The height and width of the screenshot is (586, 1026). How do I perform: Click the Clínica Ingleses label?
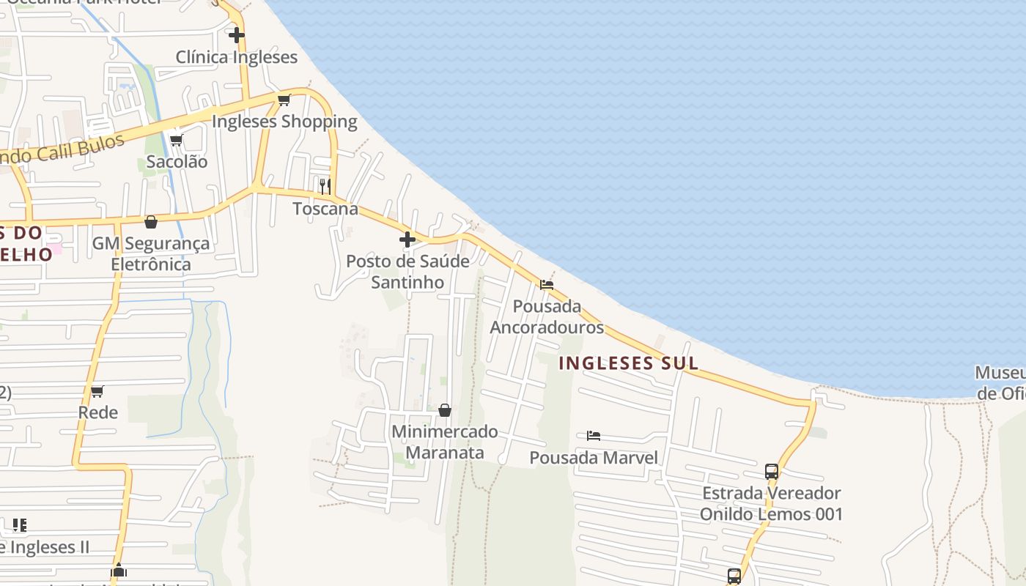point(237,57)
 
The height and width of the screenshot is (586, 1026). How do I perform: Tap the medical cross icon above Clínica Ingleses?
point(236,34)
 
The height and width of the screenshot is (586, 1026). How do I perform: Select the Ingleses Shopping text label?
point(284,122)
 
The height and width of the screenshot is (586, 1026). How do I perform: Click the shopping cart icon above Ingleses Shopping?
point(284,100)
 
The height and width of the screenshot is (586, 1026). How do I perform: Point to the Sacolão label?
point(177,162)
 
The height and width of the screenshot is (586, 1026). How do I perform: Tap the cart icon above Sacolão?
point(176,140)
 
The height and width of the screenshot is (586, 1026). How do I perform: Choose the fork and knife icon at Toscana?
point(325,186)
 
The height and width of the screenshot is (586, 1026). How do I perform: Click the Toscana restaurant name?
point(325,209)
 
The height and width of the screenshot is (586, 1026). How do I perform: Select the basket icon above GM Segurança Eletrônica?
point(151,221)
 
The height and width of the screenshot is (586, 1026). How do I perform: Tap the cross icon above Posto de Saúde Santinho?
point(407,239)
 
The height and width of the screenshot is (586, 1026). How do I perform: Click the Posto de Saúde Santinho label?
point(407,272)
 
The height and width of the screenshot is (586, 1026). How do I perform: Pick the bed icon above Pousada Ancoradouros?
point(547,285)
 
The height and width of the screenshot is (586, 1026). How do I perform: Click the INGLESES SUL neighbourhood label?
point(628,363)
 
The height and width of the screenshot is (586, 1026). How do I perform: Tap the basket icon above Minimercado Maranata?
point(445,410)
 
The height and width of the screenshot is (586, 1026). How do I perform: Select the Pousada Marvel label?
point(594,459)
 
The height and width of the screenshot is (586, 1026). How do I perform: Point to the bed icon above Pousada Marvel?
point(594,436)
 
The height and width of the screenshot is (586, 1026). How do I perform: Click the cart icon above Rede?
point(97,391)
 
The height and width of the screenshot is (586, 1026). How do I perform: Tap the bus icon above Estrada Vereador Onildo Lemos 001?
point(771,471)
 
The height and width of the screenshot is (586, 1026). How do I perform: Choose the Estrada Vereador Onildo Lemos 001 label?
point(771,504)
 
